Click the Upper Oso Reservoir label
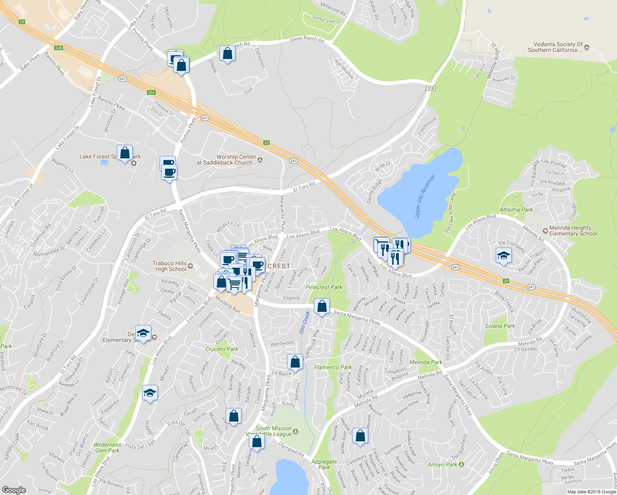425,196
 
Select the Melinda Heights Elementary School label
573,231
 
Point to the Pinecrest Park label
324,287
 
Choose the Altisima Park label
516,210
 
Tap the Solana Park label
500,326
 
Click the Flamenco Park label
333,367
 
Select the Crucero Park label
222,349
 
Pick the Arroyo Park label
442,464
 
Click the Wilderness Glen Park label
108,448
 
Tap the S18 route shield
431,88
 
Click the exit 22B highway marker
59,48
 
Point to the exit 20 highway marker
506,281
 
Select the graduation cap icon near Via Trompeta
504,256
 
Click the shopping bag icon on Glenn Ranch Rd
227,53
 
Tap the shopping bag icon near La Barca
295,362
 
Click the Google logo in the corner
14,490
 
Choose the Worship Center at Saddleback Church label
226,160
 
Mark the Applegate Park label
324,464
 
